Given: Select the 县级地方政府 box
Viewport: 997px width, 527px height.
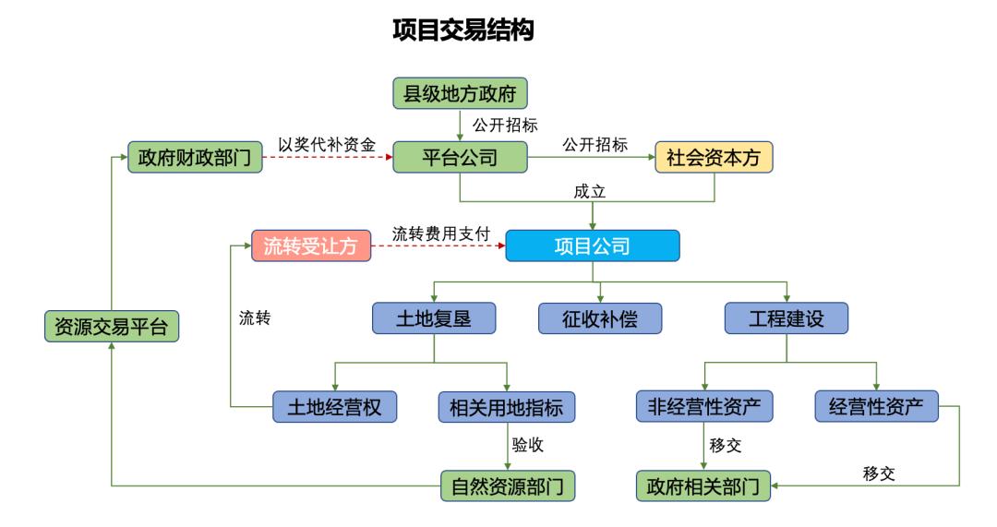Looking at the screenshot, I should pos(460,94).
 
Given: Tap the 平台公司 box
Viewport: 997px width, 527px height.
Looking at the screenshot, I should pos(460,158).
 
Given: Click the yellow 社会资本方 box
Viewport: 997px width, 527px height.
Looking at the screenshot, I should pos(714,158).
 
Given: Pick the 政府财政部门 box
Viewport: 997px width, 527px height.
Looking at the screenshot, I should pos(193,158).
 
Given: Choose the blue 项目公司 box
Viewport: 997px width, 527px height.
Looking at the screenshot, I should pos(592,246).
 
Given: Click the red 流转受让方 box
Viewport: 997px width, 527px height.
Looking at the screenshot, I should pos(311,246).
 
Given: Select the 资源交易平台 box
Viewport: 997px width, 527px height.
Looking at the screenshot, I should pos(111,327).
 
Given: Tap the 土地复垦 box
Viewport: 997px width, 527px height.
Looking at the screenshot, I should pos(434,318).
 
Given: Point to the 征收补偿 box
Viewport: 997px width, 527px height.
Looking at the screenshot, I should pos(601,318).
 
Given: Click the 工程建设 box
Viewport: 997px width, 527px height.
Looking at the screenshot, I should pos(786,318).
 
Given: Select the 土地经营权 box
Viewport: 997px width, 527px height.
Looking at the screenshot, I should pos(335,405).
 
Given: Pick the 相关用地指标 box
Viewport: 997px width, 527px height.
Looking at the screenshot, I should pos(507,405).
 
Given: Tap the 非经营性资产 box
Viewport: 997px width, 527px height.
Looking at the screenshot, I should pos(704,405).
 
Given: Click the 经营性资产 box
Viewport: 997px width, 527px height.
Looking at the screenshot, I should pos(876,405).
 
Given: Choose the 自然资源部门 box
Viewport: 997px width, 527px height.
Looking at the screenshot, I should pos(507,485).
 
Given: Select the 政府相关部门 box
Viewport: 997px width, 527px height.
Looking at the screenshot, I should pos(704,485).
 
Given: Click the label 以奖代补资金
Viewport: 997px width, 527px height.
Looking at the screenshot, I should pos(327,144).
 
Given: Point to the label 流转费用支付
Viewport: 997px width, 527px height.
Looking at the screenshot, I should pos(440,234).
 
